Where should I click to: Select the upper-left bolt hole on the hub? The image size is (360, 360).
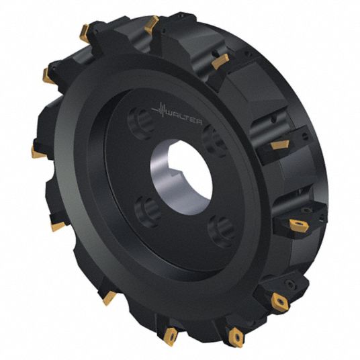[140, 123]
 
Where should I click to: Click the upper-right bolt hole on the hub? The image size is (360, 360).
[213, 140]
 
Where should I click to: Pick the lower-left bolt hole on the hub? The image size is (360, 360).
[148, 212]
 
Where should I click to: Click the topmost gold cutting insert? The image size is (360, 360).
[152, 24]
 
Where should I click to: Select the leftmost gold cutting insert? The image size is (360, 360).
[38, 152]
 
